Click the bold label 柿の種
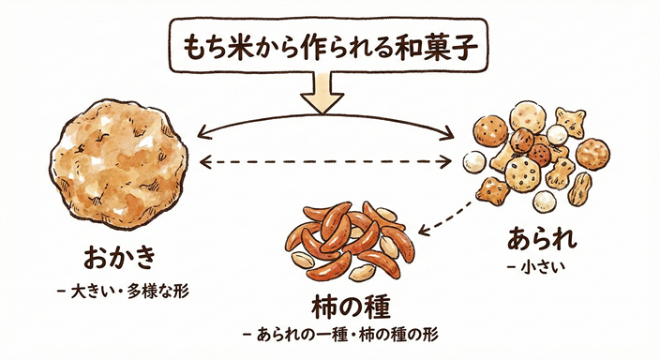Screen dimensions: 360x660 click(x=350, y=307)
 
